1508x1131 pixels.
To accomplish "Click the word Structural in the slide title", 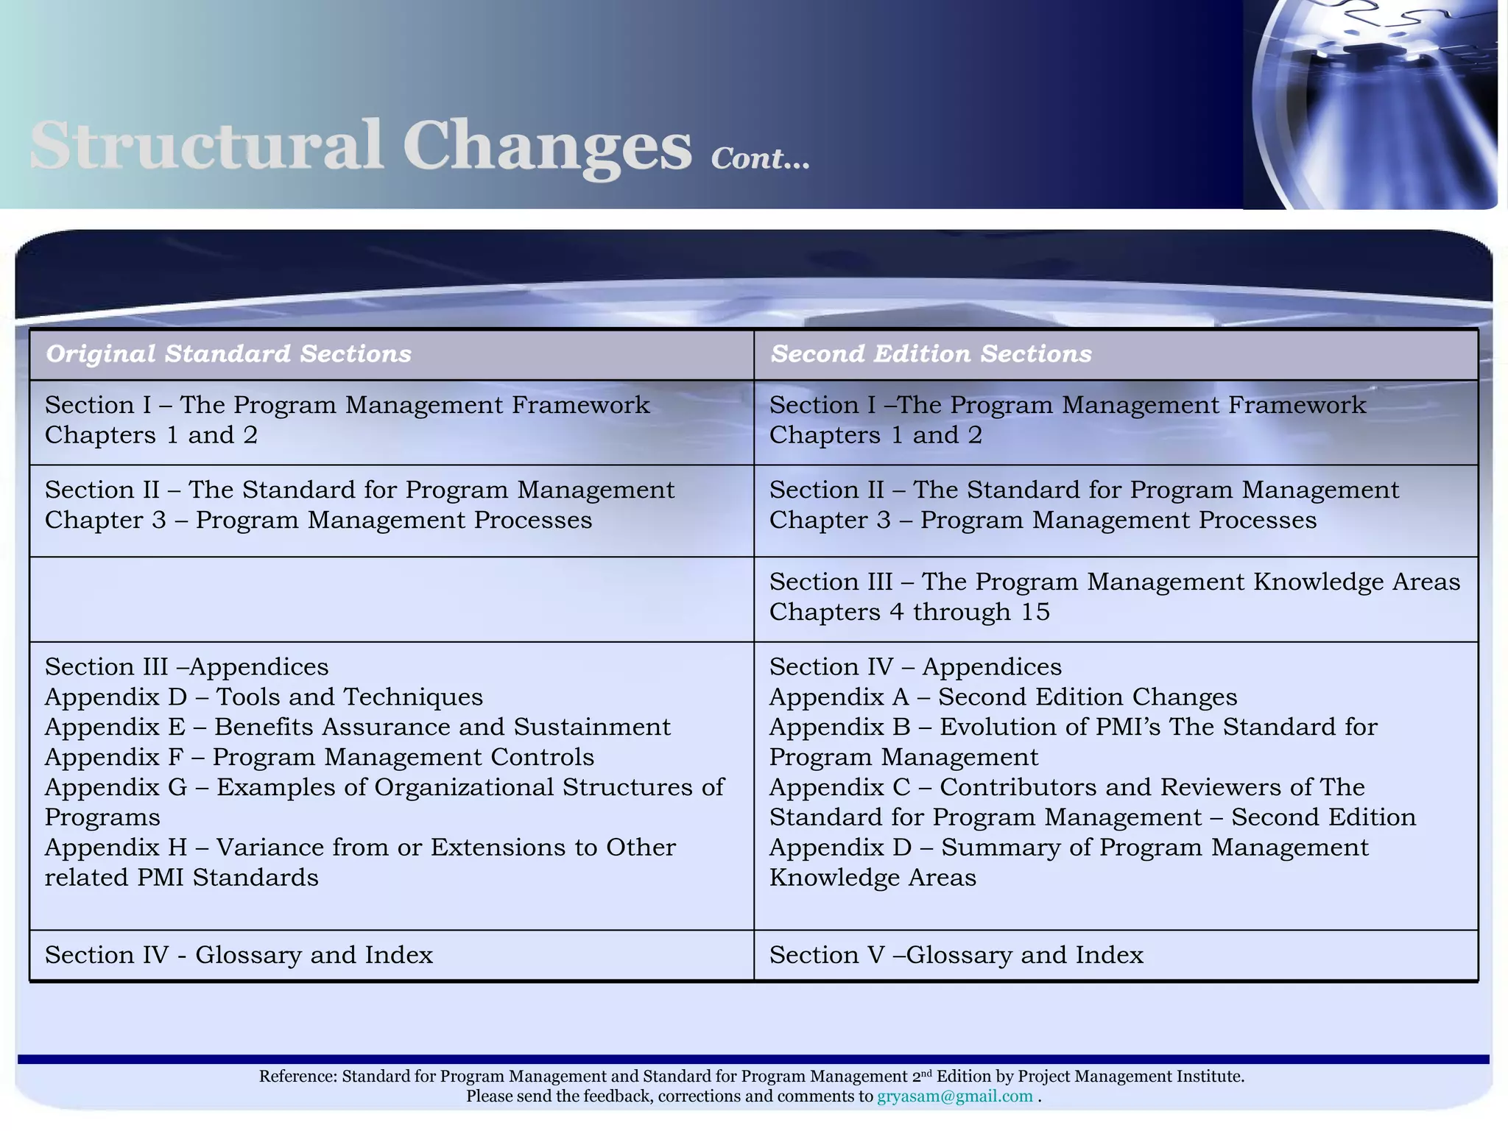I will pyautogui.click(x=206, y=145).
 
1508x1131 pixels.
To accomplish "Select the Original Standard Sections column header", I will pyautogui.click(x=228, y=354).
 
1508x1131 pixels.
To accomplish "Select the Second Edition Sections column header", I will pyautogui.click(x=931, y=354).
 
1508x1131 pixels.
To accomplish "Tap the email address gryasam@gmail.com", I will pyautogui.click(x=954, y=1096).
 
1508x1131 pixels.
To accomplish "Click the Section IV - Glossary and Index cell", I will pyautogui.click(x=239, y=955).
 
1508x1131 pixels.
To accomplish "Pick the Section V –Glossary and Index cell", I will pyautogui.click(x=956, y=955).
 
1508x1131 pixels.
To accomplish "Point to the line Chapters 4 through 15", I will pyautogui.click(x=909, y=613).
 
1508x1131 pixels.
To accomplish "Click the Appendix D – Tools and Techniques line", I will pyautogui.click(x=264, y=697).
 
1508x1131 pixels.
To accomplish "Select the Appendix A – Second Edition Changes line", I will pyautogui.click(x=1003, y=697).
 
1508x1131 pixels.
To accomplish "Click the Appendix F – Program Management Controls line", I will pyautogui.click(x=319, y=758).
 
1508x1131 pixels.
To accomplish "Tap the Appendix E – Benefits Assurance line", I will pyautogui.click(x=357, y=727).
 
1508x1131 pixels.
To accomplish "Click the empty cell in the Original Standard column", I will pyautogui.click(x=391, y=599).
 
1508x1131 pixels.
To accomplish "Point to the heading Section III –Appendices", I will pyautogui.click(x=186, y=667).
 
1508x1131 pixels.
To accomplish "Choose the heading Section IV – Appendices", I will pyautogui.click(x=915, y=667).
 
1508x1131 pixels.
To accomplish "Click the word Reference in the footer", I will pyautogui.click(x=297, y=1077).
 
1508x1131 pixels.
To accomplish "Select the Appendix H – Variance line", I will pyautogui.click(x=359, y=848).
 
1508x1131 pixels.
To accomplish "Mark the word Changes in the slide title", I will pyautogui.click(x=547, y=145).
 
